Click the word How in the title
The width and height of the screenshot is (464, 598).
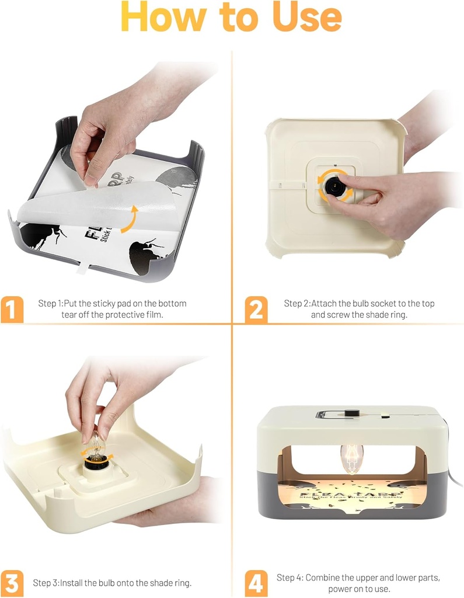[x=167, y=17]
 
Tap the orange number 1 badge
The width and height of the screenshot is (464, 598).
[x=12, y=309]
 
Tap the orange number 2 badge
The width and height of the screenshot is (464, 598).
[x=256, y=309]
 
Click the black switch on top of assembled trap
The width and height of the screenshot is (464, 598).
[x=350, y=414]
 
